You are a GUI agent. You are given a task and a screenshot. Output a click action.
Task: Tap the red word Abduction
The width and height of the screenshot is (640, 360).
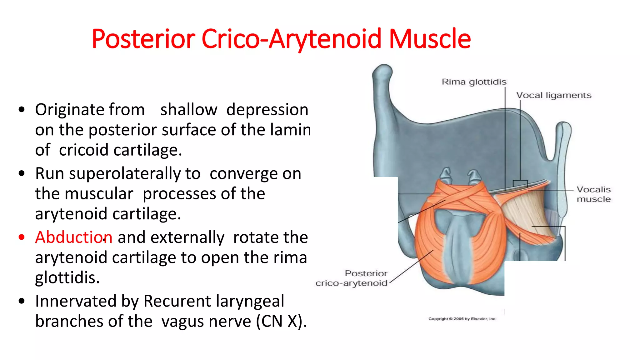pos(74,237)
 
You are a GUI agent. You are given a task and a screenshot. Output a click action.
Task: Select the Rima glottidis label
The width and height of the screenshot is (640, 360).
pos(474,82)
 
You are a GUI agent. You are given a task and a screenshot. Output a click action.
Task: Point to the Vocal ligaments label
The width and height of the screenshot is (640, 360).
pos(554,95)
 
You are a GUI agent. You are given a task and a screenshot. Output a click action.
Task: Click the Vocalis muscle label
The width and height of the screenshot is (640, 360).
pos(593,194)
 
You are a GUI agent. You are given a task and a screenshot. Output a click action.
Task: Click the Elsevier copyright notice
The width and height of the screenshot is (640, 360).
pos(462,319)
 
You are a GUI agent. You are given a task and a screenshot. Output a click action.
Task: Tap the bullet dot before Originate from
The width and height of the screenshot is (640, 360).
pos(22,110)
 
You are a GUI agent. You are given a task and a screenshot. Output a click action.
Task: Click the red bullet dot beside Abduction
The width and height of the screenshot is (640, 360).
pos(22,237)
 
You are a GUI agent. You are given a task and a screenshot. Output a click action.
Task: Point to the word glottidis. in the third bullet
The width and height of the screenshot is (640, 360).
pos(67,277)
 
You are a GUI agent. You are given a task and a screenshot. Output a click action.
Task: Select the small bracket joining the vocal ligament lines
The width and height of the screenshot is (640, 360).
pos(520,183)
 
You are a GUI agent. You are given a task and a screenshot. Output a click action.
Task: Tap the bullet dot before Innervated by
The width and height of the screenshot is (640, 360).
pos(22,301)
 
